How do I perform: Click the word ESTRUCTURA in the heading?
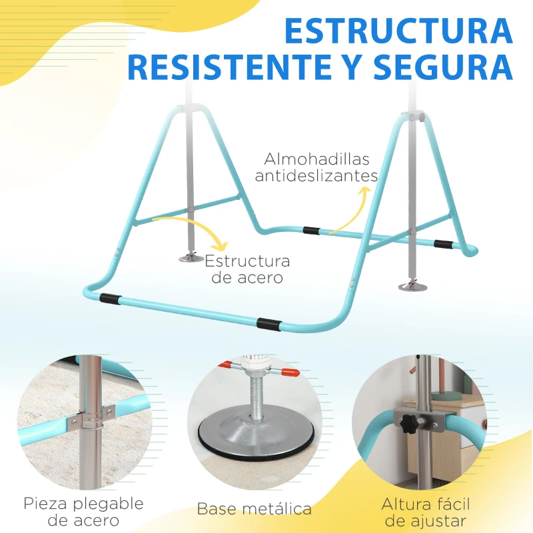tap(398, 31)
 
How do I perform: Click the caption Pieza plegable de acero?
tap(83, 512)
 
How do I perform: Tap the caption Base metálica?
tap(254, 509)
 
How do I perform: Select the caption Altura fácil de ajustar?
tap(434, 512)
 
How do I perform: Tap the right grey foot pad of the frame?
tap(410, 286)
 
